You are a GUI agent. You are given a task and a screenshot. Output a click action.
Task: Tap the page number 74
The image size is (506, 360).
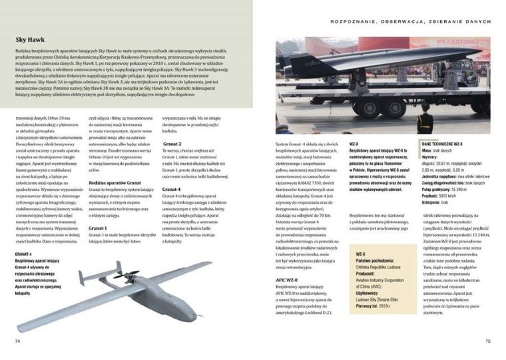click(x=18, y=341)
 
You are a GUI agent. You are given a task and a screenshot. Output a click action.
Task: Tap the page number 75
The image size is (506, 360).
click(x=487, y=341)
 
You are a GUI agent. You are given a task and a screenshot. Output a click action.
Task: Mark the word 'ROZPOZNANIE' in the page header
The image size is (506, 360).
click(x=354, y=21)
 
